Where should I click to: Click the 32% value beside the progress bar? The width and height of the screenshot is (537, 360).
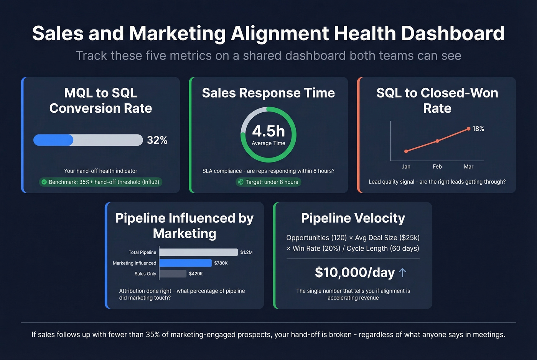coord(157,140)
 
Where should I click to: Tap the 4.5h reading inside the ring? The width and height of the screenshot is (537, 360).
coord(268,131)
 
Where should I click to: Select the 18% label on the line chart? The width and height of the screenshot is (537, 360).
coord(478,129)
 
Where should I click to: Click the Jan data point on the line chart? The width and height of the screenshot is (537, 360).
coord(406,151)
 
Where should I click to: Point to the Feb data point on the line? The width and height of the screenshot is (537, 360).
coord(437,141)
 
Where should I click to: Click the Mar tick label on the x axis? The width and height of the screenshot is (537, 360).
coord(468,167)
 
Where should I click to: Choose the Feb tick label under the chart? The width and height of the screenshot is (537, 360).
coord(437,167)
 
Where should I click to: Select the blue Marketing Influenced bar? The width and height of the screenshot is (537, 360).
coord(185,263)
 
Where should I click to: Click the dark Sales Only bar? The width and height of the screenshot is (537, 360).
coord(173,274)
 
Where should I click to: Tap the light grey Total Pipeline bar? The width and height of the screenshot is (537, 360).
coord(198,252)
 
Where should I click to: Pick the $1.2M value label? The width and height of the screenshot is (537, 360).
coord(246,252)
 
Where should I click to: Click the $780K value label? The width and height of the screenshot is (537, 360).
coord(221,263)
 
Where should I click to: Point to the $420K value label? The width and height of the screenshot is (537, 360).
coord(196,274)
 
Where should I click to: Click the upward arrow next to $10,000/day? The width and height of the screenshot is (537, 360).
coord(402,272)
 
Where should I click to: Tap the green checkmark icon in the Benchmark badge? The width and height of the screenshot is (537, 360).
coord(44,182)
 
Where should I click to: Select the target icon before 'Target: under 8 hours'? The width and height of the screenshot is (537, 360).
coord(240,182)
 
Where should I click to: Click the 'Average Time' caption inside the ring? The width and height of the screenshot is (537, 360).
coord(268,143)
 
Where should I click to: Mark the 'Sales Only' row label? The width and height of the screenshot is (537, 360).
coord(145,274)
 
